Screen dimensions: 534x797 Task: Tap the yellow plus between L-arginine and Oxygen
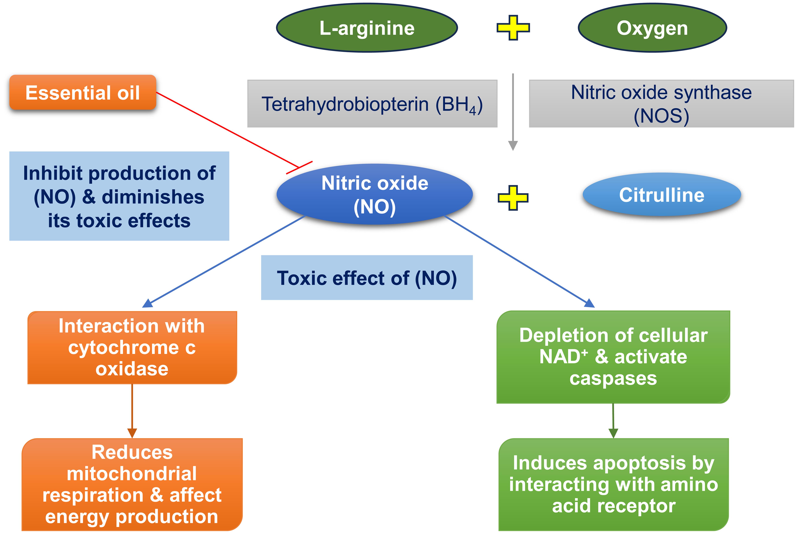[513, 28]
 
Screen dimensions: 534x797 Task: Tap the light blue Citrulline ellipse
[662, 195]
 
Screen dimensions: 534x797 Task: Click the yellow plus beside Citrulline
[513, 198]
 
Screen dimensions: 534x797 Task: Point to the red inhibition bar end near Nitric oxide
[299, 167]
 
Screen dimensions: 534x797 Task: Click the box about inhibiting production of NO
[119, 196]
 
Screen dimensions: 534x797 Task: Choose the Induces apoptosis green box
[613, 484]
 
